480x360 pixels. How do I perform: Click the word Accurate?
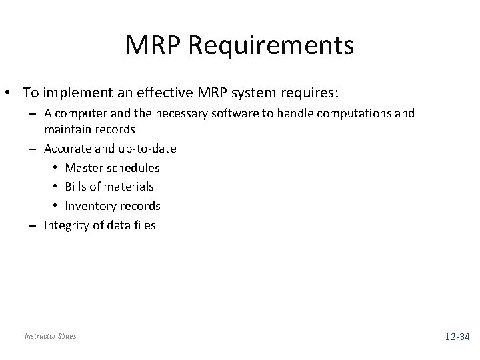click(67, 149)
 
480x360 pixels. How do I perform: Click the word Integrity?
click(65, 225)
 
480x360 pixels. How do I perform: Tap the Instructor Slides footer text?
click(50, 336)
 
